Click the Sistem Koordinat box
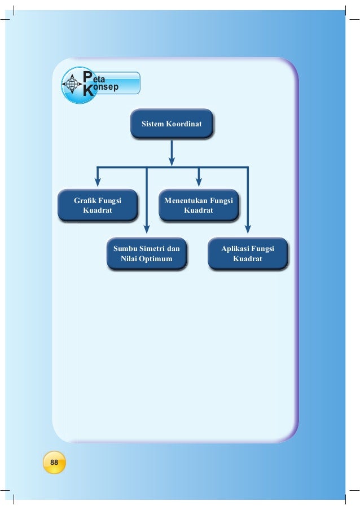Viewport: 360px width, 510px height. point(171,124)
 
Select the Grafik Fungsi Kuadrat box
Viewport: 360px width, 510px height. point(98,205)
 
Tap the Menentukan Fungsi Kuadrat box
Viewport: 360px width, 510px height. point(198,205)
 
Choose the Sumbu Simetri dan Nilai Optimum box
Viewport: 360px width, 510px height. point(146,254)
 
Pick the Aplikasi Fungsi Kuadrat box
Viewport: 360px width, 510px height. point(248,254)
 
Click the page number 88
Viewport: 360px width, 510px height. point(54,462)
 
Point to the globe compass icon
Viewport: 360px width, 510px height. point(72,85)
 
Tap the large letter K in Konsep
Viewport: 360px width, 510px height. point(87,92)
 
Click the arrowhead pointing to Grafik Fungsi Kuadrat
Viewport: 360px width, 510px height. point(98,182)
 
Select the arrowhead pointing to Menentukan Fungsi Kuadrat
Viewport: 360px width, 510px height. point(199,182)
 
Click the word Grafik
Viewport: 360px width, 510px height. point(86,200)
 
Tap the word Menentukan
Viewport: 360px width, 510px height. point(185,200)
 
